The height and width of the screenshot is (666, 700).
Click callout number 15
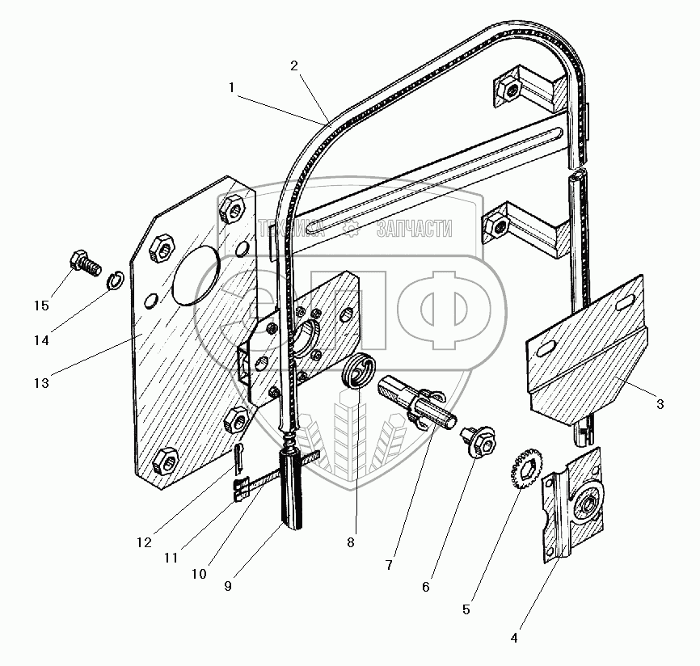pyautogui.click(x=41, y=306)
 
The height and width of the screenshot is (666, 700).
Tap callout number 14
pyautogui.click(x=41, y=340)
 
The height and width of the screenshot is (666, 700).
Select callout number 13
pyautogui.click(x=41, y=382)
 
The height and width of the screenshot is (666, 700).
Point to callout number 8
pyautogui.click(x=351, y=543)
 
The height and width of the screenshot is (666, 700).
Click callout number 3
pyautogui.click(x=660, y=404)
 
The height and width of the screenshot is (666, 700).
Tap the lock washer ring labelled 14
pyautogui.click(x=115, y=280)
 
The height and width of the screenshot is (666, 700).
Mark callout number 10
pyautogui.click(x=200, y=575)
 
